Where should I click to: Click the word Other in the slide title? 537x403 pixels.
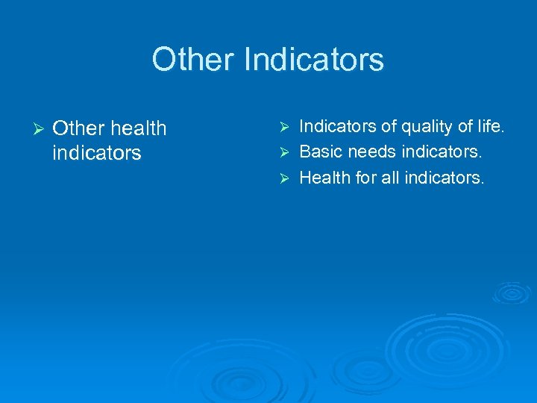pos(192,60)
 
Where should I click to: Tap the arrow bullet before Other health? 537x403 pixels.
pos(31,128)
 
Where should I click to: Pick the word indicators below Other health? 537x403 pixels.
pos(97,153)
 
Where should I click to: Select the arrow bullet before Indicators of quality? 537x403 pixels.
pos(282,128)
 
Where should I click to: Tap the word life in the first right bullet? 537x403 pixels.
pos(490,128)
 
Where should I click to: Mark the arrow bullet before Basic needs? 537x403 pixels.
pos(282,153)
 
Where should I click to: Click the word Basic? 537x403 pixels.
pos(321,153)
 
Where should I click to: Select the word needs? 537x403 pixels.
pos(371,153)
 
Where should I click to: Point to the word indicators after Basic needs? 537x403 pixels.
pos(442,153)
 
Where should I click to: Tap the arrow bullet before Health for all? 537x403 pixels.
pos(282,178)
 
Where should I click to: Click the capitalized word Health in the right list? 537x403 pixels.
pos(324,178)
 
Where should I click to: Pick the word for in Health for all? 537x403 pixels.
pos(367,178)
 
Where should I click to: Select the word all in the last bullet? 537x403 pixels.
pos(392,178)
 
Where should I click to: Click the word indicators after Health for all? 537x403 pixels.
pos(445,178)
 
